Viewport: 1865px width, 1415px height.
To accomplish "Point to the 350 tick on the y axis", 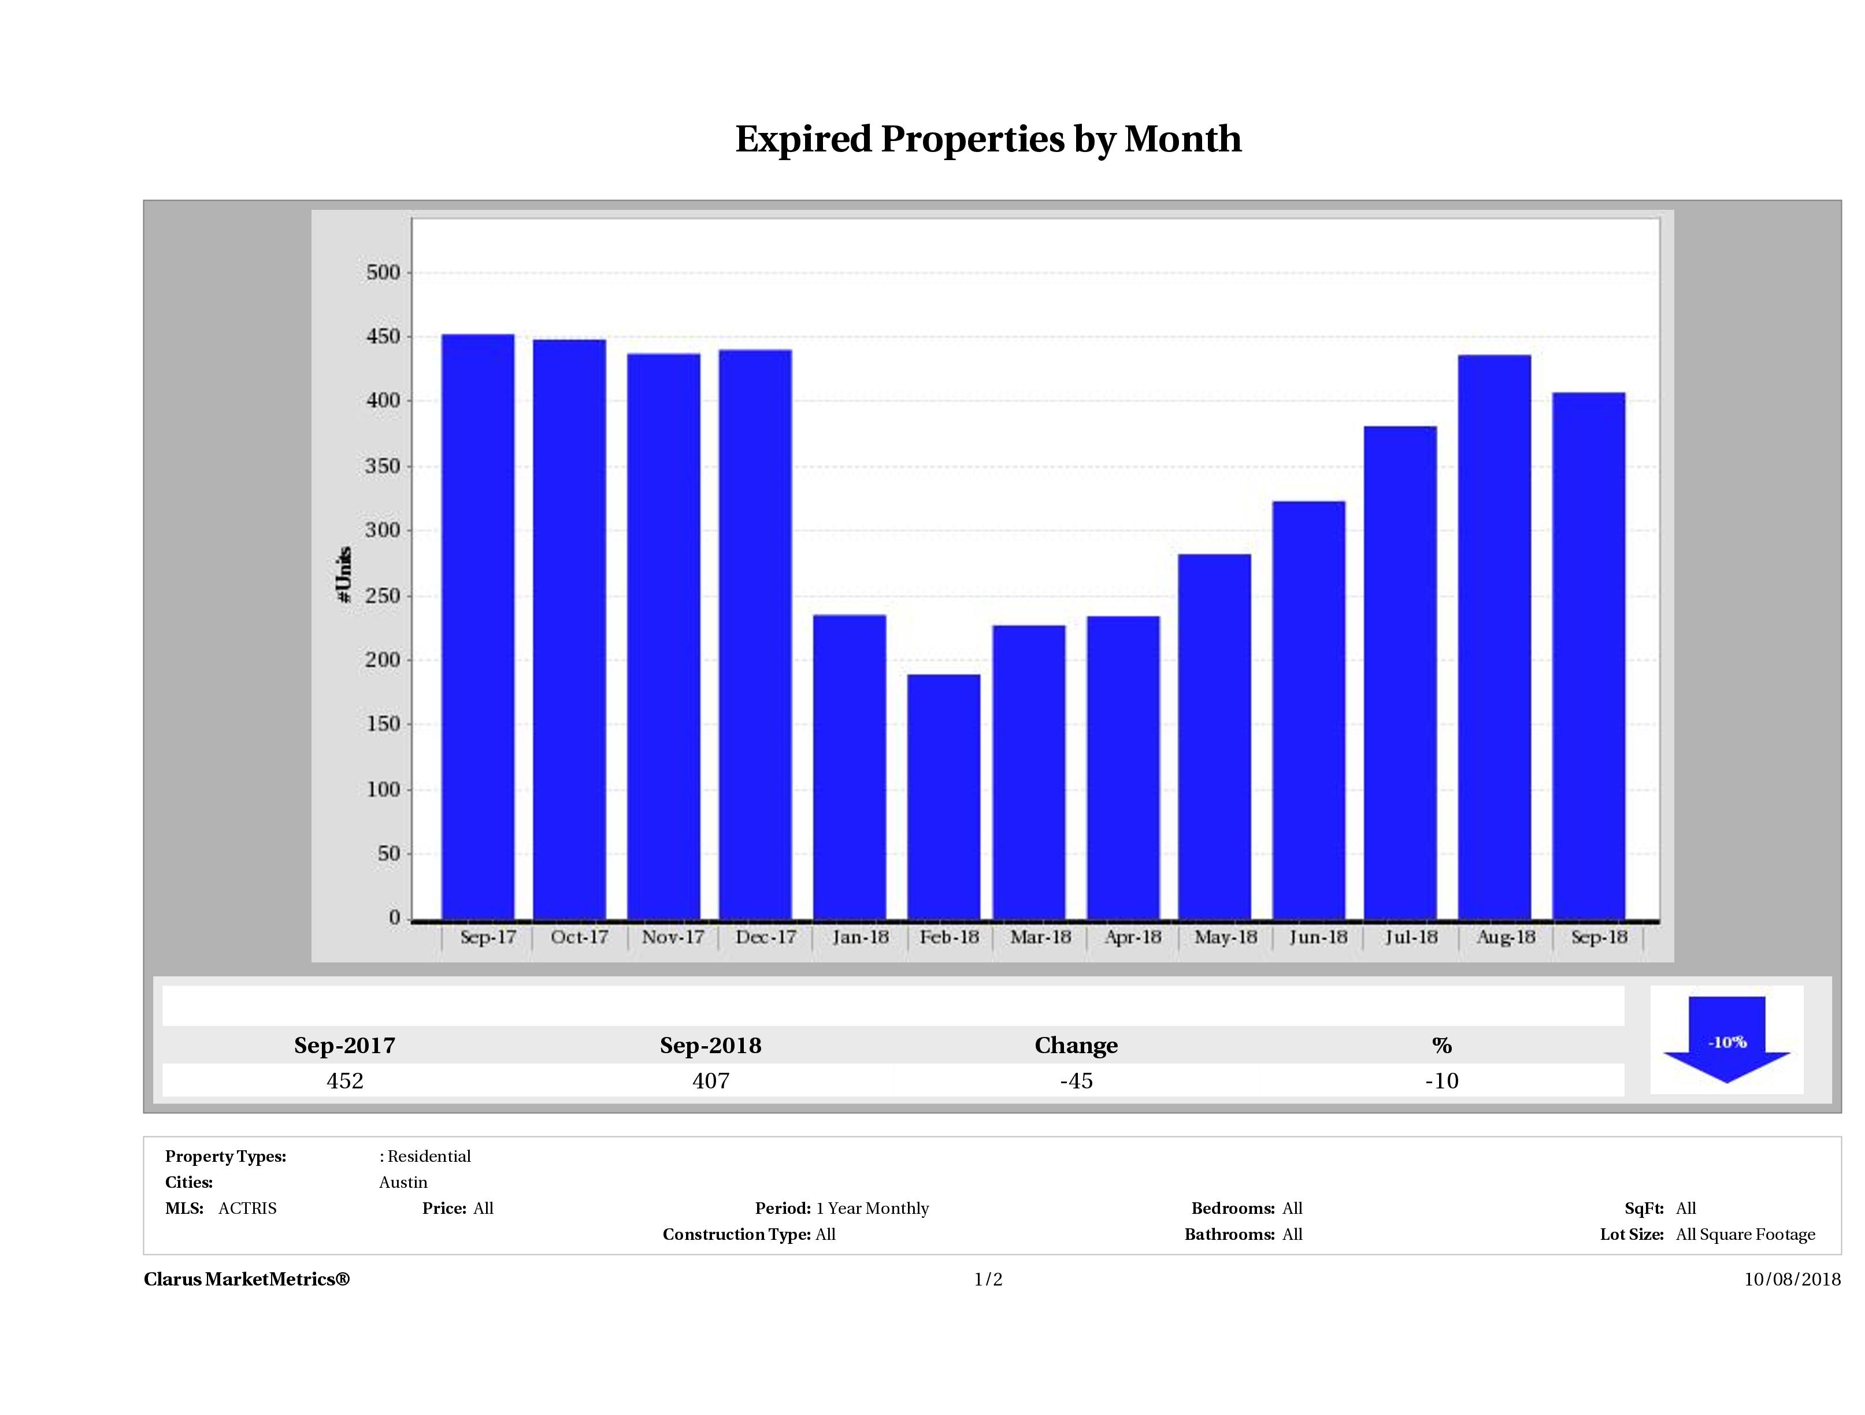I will tap(383, 466).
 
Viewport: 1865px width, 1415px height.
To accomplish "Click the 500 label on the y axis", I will tap(383, 272).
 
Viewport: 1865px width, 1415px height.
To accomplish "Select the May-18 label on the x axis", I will tap(1225, 937).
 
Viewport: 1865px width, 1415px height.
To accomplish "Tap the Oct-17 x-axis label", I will tap(579, 937).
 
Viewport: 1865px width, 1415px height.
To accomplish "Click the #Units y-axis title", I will tap(344, 574).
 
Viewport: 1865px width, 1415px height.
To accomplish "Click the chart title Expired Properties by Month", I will tap(988, 139).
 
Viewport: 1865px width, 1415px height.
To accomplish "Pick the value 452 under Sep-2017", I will tap(345, 1081).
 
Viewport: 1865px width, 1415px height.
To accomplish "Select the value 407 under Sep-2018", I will tap(711, 1081).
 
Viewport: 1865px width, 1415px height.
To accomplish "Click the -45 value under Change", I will tap(1076, 1081).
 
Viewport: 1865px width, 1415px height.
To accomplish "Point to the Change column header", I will tap(1076, 1046).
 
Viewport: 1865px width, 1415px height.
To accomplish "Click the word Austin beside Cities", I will tap(403, 1182).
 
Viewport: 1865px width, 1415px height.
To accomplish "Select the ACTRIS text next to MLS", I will tap(247, 1209).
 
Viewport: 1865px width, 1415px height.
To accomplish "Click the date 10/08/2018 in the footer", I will tap(1792, 1279).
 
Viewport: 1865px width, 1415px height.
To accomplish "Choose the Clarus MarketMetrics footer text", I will tap(246, 1279).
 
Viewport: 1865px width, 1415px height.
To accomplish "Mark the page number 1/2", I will tap(988, 1279).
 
